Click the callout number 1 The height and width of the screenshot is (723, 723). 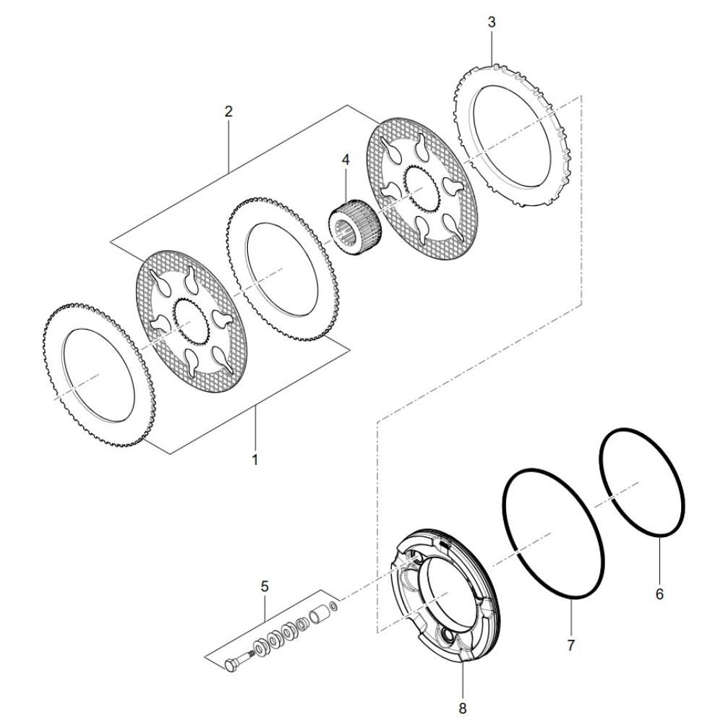pos(254,459)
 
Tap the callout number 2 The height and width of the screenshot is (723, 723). pos(228,111)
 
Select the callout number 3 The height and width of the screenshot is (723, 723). pos(492,22)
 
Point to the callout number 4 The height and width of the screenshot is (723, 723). pos(346,160)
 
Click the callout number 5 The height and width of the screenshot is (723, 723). pos(265,586)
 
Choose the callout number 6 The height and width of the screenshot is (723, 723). pos(659,594)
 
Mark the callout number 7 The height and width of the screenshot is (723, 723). pos(571,646)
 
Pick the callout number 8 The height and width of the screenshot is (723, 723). pos(463,708)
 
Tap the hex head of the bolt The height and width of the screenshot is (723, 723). pos(231,665)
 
